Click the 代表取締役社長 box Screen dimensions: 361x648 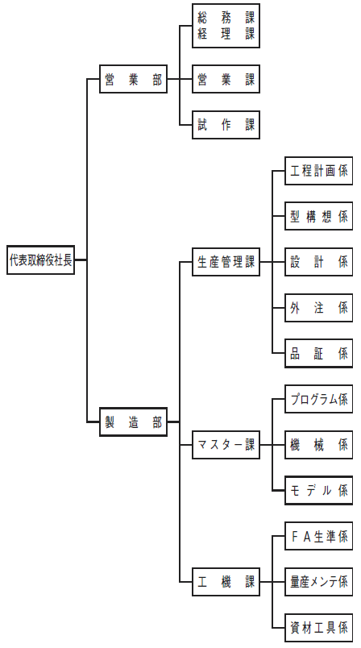point(40,260)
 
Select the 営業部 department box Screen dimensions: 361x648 point(134,79)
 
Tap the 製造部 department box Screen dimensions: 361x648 point(134,422)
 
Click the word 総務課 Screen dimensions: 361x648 point(226,19)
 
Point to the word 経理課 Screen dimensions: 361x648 point(226,34)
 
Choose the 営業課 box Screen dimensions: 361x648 point(226,79)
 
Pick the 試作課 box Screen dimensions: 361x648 point(226,125)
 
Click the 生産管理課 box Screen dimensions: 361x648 point(226,262)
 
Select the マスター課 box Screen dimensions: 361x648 point(226,445)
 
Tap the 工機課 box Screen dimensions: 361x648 point(226,582)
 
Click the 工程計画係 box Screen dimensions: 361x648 point(319,171)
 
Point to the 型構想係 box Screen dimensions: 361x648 point(319,216)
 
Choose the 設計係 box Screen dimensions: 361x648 point(319,262)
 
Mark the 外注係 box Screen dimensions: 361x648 point(319,308)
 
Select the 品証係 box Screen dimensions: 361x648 point(319,353)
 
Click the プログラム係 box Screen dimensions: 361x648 point(319,399)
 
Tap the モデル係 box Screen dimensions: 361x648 point(319,491)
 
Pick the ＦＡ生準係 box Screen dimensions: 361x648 point(319,536)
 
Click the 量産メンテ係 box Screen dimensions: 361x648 point(319,582)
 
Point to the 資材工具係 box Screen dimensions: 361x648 point(319,628)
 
